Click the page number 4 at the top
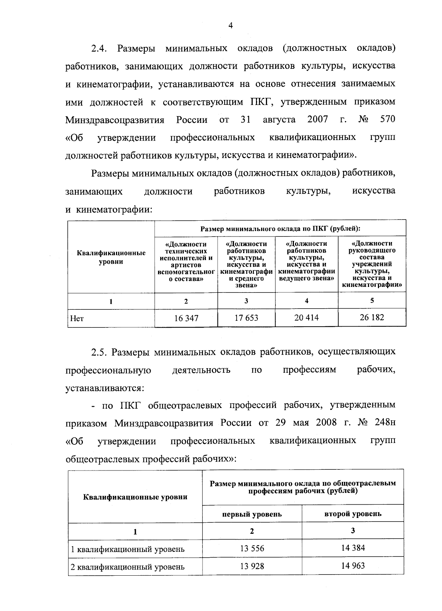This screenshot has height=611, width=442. pyautogui.click(x=231, y=25)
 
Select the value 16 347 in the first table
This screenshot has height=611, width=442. pyautogui.click(x=186, y=318)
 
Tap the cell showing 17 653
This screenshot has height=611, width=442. pyautogui.click(x=246, y=318)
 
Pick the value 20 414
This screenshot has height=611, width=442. pyautogui.click(x=306, y=317)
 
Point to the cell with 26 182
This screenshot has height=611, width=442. pyautogui.click(x=372, y=317)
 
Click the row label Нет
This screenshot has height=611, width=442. pyautogui.click(x=77, y=319)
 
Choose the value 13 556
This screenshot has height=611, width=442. pyautogui.click(x=252, y=548)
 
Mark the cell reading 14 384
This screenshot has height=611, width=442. pyautogui.click(x=353, y=548)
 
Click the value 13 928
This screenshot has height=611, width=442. pyautogui.click(x=252, y=566)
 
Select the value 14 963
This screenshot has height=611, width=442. pyautogui.click(x=353, y=565)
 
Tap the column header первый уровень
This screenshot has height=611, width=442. pyautogui.click(x=252, y=514)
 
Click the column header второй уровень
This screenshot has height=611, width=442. pyautogui.click(x=353, y=514)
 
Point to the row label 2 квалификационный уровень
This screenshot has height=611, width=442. pyautogui.click(x=127, y=567)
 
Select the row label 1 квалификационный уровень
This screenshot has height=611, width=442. pyautogui.click(x=127, y=550)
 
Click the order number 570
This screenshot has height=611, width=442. pyautogui.click(x=387, y=120)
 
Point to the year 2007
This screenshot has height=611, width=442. pyautogui.click(x=318, y=120)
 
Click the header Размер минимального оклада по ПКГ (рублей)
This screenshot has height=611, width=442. pyautogui.click(x=280, y=228)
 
